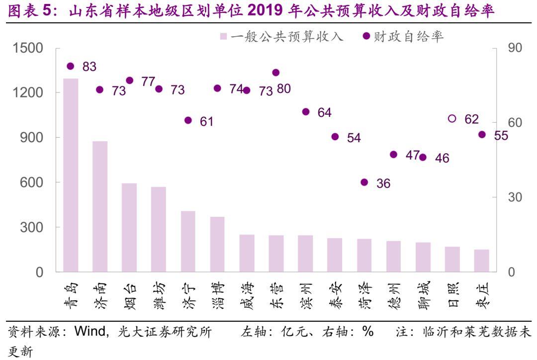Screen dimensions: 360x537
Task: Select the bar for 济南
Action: click(100, 206)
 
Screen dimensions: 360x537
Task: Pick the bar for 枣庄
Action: click(481, 261)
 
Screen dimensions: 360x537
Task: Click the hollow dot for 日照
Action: click(452, 118)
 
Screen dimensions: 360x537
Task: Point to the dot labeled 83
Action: click(71, 66)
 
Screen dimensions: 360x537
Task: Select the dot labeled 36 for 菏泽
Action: click(364, 182)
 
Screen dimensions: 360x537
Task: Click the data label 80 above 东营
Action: click(284, 89)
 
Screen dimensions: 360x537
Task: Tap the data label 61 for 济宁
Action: click(206, 121)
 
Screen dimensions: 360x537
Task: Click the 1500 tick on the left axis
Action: click(28, 48)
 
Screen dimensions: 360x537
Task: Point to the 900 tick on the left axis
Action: click(32, 138)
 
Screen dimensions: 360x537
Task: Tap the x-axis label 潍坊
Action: click(159, 295)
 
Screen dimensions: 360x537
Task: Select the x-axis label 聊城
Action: click(423, 295)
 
